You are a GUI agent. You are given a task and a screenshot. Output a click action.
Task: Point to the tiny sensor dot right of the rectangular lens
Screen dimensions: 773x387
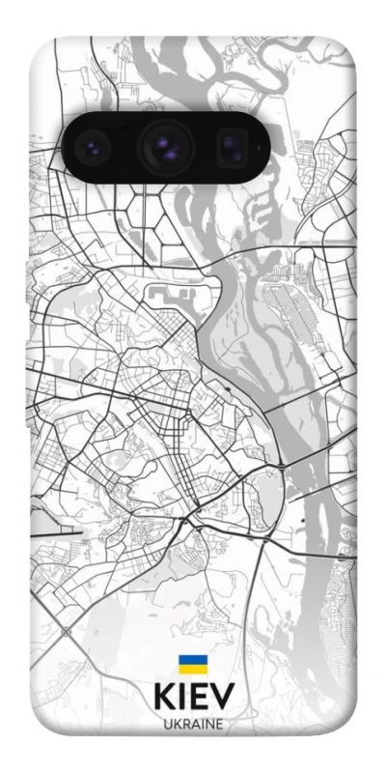point(258,147)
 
